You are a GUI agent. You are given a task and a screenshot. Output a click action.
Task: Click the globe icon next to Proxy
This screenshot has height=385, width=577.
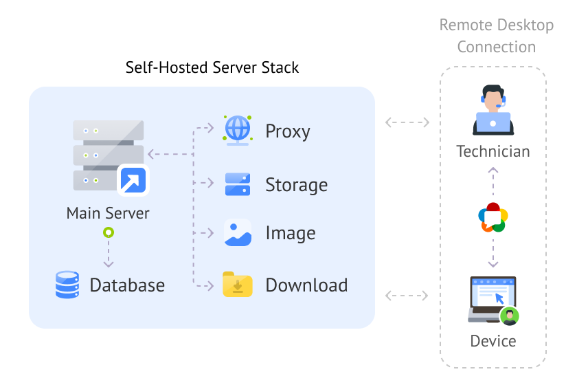(x=238, y=130)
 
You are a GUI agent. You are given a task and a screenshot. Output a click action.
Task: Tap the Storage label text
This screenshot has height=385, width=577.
(x=296, y=185)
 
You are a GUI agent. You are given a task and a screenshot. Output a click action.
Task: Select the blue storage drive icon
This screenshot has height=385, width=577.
(x=238, y=184)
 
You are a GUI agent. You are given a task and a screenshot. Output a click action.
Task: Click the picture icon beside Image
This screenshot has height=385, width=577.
(x=238, y=233)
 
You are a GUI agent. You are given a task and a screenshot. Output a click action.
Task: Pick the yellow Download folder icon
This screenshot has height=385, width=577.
(x=238, y=284)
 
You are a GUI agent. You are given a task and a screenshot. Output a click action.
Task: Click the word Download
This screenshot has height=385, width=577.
(x=306, y=285)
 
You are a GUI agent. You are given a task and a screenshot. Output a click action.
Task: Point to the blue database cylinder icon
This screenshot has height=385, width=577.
(x=67, y=285)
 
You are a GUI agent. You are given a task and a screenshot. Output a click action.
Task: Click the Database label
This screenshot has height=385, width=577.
(x=127, y=285)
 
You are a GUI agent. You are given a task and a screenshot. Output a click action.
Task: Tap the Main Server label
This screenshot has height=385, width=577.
(x=108, y=213)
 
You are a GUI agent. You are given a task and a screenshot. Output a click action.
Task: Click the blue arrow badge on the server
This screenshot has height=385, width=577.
(x=133, y=180)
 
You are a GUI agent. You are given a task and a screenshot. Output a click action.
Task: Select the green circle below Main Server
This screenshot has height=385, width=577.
(x=108, y=233)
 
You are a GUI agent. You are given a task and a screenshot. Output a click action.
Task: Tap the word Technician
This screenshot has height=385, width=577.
(x=493, y=151)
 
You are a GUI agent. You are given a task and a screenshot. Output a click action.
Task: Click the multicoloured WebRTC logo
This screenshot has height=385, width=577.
(x=493, y=217)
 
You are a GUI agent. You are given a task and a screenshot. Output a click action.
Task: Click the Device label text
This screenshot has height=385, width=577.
(x=493, y=341)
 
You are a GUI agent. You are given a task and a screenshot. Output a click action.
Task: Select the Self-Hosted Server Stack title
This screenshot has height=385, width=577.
(x=212, y=67)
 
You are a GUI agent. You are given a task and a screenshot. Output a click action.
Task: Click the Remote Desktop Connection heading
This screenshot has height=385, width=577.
(x=497, y=36)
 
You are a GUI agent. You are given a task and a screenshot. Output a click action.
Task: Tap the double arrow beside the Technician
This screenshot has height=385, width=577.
(x=407, y=123)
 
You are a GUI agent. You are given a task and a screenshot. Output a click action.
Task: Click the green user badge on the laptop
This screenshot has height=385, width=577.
(x=510, y=316)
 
